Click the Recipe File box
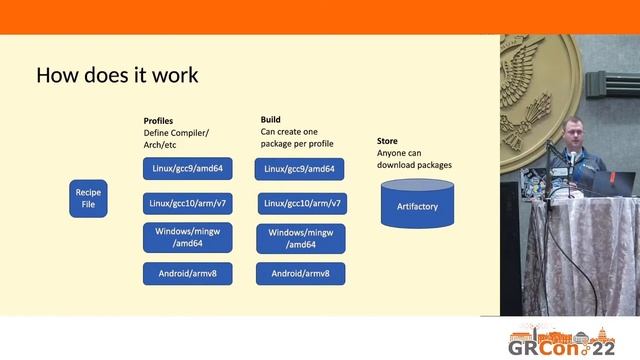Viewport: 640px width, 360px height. (88, 198)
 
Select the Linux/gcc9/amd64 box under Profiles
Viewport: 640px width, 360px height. (188, 168)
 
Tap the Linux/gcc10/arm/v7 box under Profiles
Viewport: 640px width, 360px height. (188, 204)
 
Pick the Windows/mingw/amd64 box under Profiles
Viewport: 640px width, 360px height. (188, 237)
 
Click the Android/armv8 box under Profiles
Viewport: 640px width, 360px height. (188, 273)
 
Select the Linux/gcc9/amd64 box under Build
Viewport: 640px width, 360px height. (301, 168)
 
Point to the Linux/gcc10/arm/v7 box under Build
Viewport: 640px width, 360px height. (302, 204)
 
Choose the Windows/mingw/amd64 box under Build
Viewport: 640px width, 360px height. (301, 238)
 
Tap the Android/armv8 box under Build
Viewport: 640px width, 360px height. (301, 273)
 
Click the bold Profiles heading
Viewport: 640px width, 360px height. (158, 121)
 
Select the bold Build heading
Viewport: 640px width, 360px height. (271, 120)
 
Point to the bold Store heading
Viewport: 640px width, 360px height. (387, 142)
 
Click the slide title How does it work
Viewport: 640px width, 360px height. (117, 75)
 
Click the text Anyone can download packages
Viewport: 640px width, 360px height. (414, 159)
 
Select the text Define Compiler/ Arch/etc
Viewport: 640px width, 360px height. (176, 138)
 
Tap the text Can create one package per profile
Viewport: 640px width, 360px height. (297, 137)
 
